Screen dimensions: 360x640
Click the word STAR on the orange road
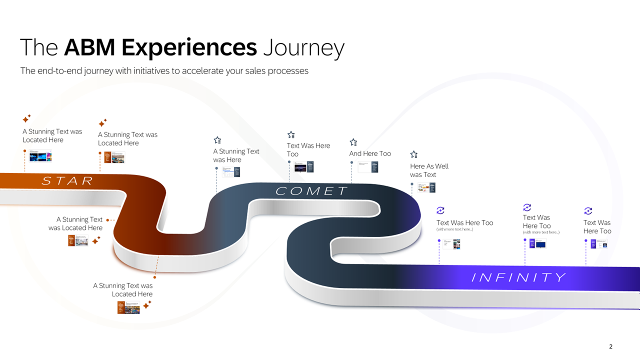click(67, 181)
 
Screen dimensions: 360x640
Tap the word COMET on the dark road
click(312, 191)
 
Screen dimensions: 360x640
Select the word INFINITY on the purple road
click(518, 277)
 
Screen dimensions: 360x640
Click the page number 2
click(610, 346)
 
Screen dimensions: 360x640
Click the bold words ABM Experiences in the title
click(160, 47)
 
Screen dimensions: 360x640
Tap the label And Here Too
click(370, 153)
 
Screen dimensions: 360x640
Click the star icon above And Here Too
click(353, 142)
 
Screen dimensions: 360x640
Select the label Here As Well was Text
click(429, 170)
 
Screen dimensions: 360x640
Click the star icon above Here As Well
click(414, 155)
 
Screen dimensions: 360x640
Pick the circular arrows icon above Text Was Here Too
click(440, 210)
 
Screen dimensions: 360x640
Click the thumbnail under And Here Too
click(368, 167)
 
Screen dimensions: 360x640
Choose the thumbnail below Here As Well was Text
click(426, 187)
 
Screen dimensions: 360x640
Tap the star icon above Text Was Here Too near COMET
click(291, 135)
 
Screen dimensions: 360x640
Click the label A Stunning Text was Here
click(236, 155)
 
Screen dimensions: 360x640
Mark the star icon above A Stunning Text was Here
click(217, 140)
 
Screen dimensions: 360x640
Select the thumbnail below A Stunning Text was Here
click(231, 171)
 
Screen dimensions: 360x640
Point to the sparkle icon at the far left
click(26, 119)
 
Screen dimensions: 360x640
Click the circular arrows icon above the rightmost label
click(588, 211)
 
